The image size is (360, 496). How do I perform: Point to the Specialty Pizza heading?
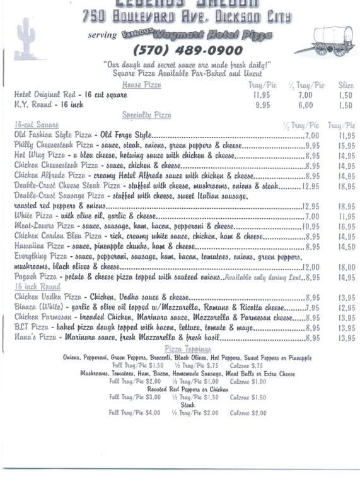146,115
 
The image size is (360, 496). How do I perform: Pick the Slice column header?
346,85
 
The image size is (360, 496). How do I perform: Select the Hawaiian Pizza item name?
38,246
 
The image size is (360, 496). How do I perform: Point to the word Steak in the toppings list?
188,405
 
